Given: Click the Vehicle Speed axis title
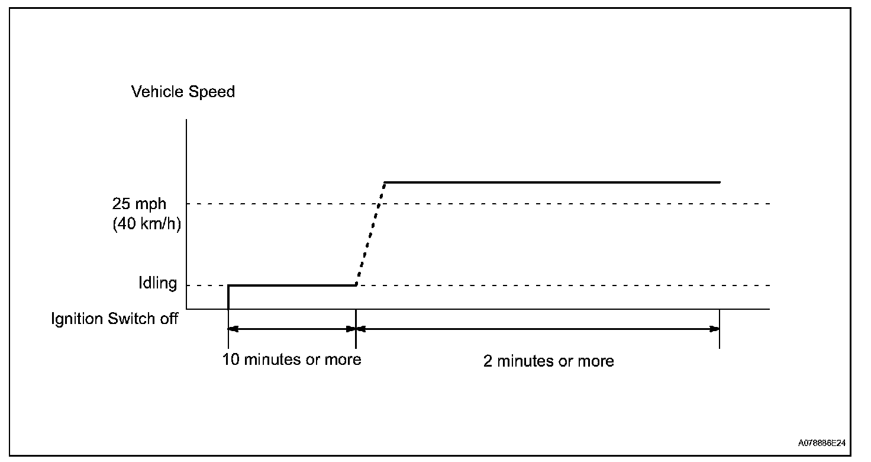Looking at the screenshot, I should pyautogui.click(x=183, y=92).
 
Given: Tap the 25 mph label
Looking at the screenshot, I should pyautogui.click(x=140, y=204).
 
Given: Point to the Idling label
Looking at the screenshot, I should pyautogui.click(x=157, y=284).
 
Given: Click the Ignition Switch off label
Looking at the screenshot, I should pyautogui.click(x=114, y=319).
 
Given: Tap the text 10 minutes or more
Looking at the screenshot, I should pyautogui.click(x=292, y=360).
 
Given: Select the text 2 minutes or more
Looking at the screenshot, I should pyautogui.click(x=549, y=361).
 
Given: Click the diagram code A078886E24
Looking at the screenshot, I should pyautogui.click(x=821, y=443).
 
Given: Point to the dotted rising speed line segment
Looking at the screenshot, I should pyautogui.click(x=370, y=234).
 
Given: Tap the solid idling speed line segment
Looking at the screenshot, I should pyautogui.click(x=292, y=285).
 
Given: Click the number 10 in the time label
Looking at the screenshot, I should pyautogui.click(x=231, y=360).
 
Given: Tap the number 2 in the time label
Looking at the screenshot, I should pyautogui.click(x=488, y=361).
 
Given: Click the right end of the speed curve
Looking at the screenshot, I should pyautogui.click(x=719, y=182).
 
